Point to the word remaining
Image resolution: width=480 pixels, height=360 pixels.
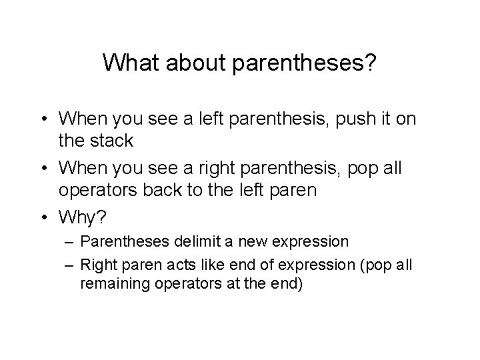pyautogui.click(x=109, y=283)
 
